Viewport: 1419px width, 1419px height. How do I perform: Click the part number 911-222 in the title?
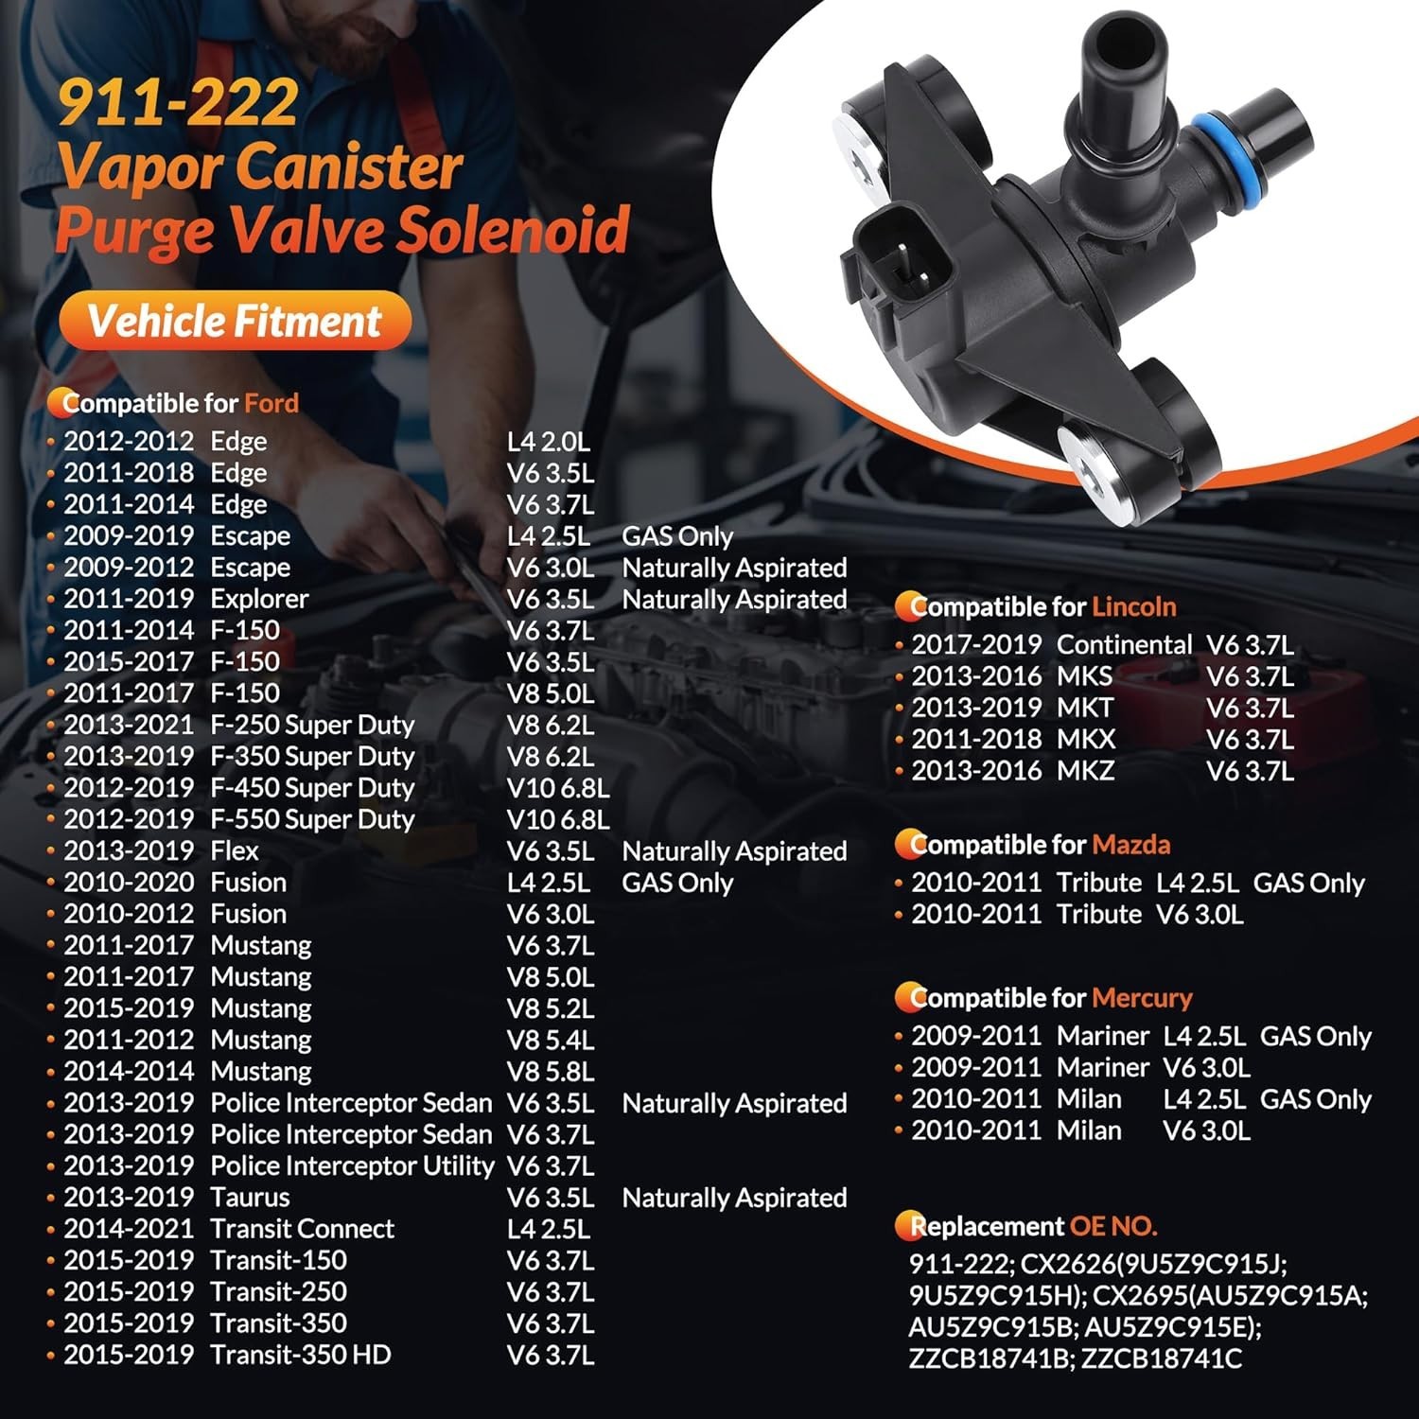(x=178, y=103)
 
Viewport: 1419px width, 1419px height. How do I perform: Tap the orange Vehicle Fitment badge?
(x=235, y=321)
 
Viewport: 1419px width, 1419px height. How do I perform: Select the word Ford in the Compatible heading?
(x=272, y=404)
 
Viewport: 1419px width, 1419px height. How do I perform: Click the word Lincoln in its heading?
(x=1133, y=606)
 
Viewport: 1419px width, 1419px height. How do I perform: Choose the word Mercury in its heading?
(x=1141, y=998)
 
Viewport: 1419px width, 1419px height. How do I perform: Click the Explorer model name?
(x=259, y=599)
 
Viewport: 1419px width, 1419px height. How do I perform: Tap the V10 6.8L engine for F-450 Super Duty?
(x=557, y=788)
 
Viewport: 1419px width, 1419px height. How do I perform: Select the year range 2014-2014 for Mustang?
(x=129, y=1072)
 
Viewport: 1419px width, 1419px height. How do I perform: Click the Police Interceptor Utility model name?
(x=352, y=1165)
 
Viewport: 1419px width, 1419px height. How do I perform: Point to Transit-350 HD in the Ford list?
(x=300, y=1355)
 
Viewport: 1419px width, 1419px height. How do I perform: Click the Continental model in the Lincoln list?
(x=1123, y=645)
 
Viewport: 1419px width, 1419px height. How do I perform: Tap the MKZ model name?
(x=1085, y=771)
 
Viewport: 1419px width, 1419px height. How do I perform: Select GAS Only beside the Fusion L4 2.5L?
(x=677, y=883)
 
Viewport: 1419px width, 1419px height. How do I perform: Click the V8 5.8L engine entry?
(x=551, y=1072)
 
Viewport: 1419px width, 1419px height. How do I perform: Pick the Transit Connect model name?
(x=302, y=1229)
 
